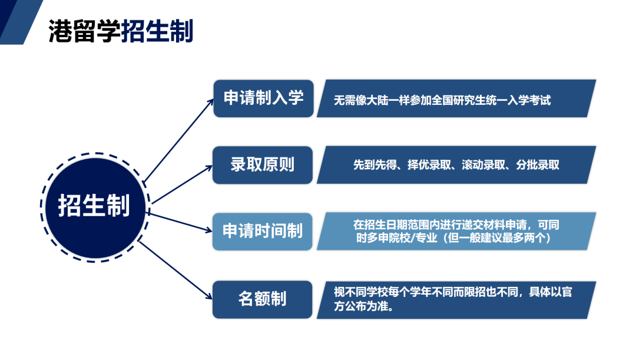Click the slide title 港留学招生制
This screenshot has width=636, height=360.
[x=121, y=31]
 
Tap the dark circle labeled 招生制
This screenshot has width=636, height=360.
[x=95, y=208]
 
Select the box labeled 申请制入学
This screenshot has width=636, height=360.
[x=264, y=98]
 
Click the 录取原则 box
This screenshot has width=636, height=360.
[x=263, y=165]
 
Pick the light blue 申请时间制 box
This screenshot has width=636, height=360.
[x=263, y=232]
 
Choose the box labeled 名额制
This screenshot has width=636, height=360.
[x=263, y=299]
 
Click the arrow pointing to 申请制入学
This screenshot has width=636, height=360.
[x=179, y=140]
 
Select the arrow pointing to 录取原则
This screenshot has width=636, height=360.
[x=182, y=184]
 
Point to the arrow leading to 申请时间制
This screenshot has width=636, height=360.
[x=180, y=222]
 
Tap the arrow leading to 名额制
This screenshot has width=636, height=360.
[x=175, y=270]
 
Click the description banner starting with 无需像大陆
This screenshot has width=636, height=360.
[x=456, y=98]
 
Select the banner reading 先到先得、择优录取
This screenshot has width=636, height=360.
[x=456, y=165]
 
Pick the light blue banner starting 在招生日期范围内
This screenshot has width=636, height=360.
[x=456, y=231]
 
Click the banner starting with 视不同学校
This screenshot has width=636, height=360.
[x=456, y=300]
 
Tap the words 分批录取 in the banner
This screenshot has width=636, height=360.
[x=538, y=165]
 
